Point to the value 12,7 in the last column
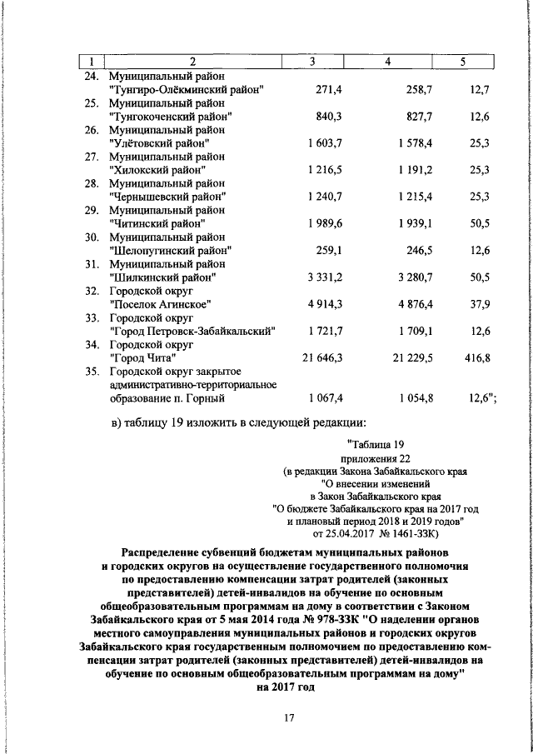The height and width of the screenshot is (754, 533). point(479,88)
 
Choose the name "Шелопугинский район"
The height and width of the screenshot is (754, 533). point(170,250)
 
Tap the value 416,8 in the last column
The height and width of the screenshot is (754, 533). point(476,357)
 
